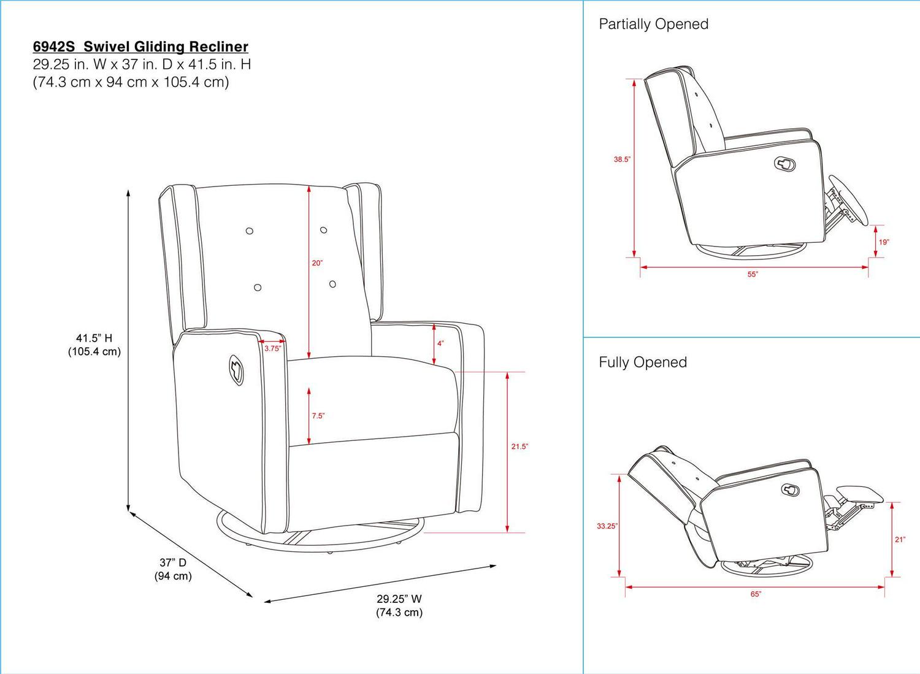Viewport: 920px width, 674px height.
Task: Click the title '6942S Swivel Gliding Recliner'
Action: point(140,47)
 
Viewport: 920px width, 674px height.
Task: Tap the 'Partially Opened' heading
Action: point(653,24)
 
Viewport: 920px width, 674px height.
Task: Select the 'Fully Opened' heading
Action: point(642,362)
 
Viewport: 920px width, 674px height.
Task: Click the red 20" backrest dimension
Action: point(317,263)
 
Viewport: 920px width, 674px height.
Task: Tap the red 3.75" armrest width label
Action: point(272,348)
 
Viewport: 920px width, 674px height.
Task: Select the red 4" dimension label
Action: point(440,343)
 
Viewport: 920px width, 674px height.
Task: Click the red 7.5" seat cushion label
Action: point(318,416)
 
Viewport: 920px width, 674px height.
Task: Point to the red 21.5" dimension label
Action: point(519,446)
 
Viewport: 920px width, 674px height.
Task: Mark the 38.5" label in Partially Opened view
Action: point(622,159)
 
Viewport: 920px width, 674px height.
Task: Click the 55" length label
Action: point(753,274)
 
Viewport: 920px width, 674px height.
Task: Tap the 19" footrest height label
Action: point(883,242)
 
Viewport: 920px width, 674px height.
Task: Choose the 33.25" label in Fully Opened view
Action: point(607,526)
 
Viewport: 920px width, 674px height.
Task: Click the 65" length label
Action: point(755,594)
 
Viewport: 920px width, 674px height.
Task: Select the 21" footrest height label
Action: point(900,540)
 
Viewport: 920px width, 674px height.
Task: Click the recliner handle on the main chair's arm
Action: point(236,370)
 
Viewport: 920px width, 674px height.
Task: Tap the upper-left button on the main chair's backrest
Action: point(249,231)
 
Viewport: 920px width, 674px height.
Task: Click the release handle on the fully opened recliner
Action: point(790,489)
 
